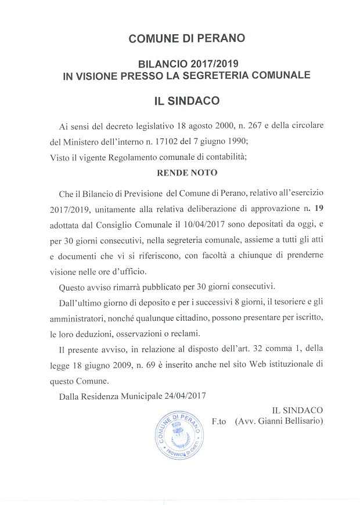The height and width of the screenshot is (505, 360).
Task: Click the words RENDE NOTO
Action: coord(181,173)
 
